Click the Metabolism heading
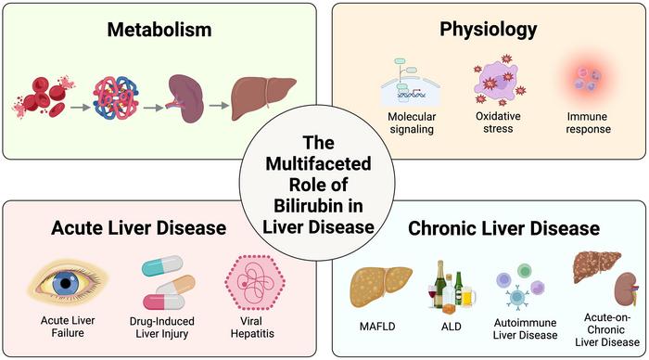click(x=159, y=30)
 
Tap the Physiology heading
click(x=489, y=30)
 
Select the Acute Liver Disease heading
click(x=139, y=228)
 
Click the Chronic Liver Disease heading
click(x=503, y=228)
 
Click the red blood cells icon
click(x=43, y=97)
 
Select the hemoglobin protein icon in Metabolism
click(x=116, y=97)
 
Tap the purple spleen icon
click(x=185, y=98)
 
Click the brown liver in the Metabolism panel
click(x=263, y=98)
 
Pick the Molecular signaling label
click(x=412, y=123)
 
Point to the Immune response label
click(x=588, y=122)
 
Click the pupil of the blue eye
click(x=66, y=284)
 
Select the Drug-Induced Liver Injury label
click(x=162, y=328)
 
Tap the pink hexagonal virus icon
click(x=255, y=283)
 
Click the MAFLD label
click(x=377, y=327)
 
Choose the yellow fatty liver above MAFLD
click(x=381, y=287)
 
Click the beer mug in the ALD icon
click(x=467, y=297)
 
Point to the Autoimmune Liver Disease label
click(x=525, y=328)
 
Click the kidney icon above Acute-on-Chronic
click(x=626, y=289)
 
